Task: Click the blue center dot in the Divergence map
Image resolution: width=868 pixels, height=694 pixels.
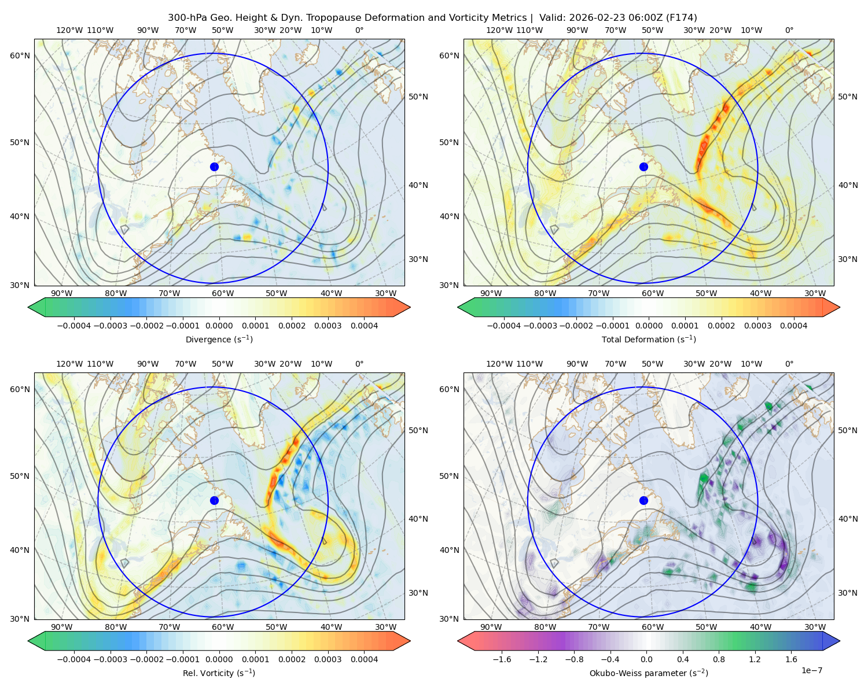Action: (214, 167)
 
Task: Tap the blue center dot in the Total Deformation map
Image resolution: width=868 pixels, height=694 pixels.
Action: (643, 167)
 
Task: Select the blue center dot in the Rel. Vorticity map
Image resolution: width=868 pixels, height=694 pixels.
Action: (214, 500)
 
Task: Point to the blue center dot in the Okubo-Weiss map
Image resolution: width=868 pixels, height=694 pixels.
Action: (643, 500)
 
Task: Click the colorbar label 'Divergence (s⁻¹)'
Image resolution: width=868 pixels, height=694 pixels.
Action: (219, 339)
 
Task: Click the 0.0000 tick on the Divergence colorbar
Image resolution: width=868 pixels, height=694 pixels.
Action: (219, 326)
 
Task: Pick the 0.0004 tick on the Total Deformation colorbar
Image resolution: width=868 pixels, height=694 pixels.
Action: (793, 326)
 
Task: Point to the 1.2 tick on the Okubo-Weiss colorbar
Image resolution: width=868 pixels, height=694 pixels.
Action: (755, 659)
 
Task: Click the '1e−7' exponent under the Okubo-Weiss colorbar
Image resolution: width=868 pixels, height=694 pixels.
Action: (811, 670)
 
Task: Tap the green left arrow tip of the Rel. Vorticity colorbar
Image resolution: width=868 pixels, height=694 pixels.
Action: (28, 641)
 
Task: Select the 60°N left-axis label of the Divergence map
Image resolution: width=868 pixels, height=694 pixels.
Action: (20, 56)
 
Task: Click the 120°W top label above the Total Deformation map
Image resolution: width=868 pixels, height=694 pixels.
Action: (499, 30)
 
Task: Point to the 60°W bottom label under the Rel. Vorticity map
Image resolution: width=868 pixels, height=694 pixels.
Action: (223, 627)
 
